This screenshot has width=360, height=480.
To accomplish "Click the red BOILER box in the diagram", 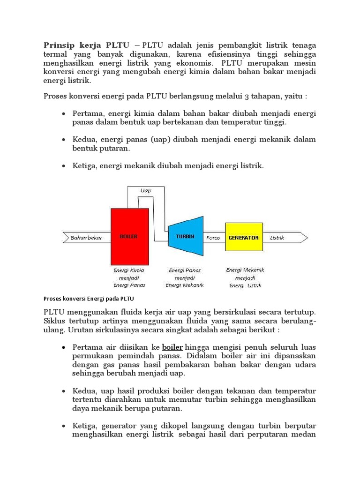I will [x=130, y=237].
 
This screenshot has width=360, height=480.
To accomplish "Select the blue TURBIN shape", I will [x=185, y=237].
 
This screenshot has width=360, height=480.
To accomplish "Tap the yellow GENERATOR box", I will [x=243, y=238].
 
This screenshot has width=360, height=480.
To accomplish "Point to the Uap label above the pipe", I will [x=146, y=191].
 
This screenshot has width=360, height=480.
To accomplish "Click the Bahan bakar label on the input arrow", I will [x=86, y=238].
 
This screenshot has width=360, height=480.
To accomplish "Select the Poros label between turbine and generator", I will [x=213, y=238].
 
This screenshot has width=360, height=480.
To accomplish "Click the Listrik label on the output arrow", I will [x=277, y=238].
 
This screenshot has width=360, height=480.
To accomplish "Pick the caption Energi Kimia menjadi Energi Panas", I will [x=129, y=277].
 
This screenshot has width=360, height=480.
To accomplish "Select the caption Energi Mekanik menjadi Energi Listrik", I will [x=245, y=277].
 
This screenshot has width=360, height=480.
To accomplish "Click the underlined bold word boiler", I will [x=172, y=347].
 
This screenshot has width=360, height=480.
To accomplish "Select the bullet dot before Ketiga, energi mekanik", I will [x=64, y=166].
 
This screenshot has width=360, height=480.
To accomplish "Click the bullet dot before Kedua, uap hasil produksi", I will [x=64, y=391].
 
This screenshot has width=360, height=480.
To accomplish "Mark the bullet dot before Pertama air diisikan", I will [x=64, y=348].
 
